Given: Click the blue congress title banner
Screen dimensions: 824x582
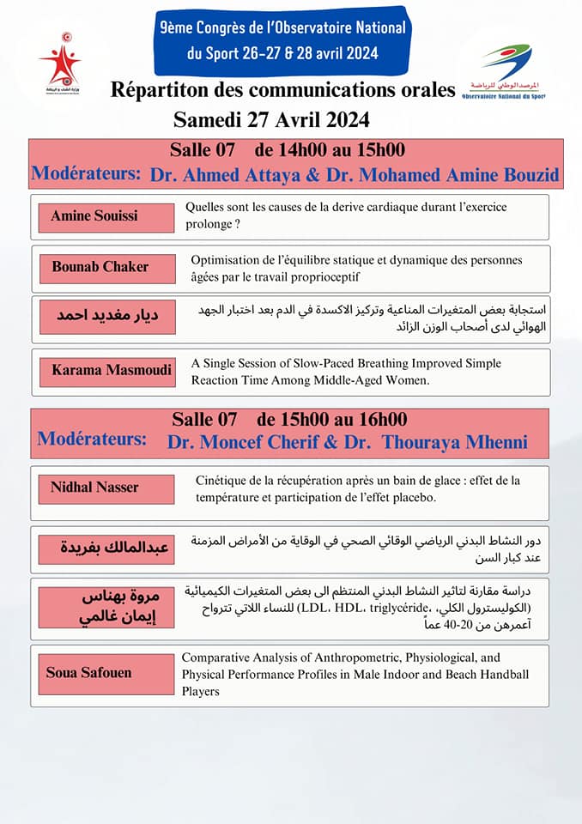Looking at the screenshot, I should [282, 41].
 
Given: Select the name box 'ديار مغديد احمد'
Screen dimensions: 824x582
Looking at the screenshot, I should [106, 316].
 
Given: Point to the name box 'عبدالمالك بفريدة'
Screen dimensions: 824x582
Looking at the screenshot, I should [106, 548].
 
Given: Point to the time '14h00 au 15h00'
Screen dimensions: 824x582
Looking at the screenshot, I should [342, 150].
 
